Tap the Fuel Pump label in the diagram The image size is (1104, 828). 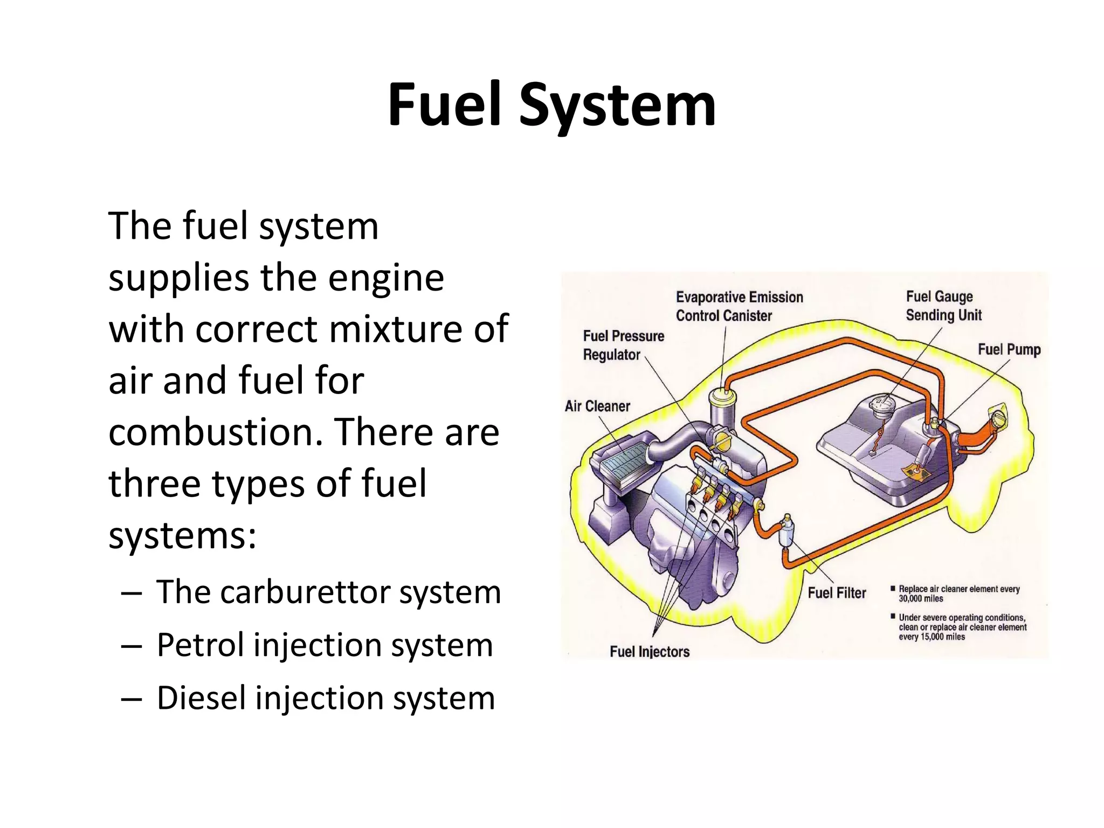click(1009, 350)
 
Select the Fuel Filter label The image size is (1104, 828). click(837, 593)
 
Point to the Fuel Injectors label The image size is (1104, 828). click(650, 652)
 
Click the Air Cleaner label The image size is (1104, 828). click(597, 406)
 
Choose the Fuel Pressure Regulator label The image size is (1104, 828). click(623, 346)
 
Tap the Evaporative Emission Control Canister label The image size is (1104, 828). click(739, 306)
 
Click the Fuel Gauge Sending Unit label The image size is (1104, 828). click(943, 306)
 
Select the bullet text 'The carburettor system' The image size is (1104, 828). click(328, 592)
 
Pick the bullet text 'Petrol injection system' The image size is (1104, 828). click(325, 645)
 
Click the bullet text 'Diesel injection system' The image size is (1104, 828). click(326, 698)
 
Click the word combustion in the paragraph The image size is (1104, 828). click(215, 432)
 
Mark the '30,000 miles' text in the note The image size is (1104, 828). click(921, 599)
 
